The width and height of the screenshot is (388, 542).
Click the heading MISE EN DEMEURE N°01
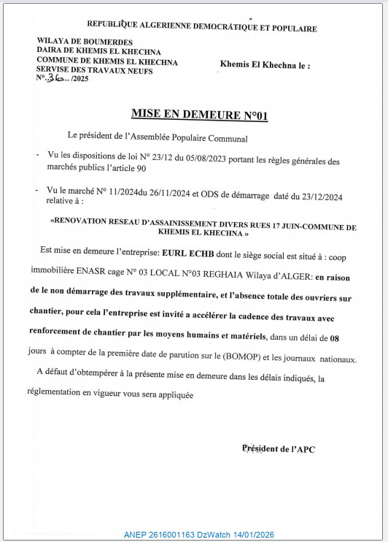pos(194,114)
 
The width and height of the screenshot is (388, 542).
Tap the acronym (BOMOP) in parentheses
pos(225,359)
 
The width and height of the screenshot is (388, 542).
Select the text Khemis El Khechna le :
pos(265,64)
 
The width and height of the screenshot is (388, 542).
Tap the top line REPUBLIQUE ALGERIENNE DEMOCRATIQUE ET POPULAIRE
pos(202,28)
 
